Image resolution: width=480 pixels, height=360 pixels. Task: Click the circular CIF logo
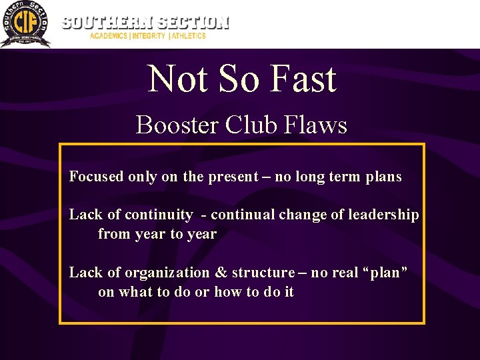coord(25,24)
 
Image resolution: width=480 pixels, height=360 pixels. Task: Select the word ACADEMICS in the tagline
coord(109,36)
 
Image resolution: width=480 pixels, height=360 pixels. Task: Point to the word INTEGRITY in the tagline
coord(148,36)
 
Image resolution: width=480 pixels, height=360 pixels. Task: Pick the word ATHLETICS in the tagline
coord(189,36)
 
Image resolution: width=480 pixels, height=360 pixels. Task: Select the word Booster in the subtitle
coord(175,125)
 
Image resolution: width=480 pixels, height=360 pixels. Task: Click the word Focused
coord(97,177)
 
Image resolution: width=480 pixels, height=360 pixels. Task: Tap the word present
coord(233,177)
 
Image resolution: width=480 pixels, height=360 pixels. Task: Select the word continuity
coord(159,215)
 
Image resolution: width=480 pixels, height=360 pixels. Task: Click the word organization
coord(167,273)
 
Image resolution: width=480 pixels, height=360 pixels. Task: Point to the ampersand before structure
coord(221,273)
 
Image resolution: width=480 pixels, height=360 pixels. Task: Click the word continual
coord(243,215)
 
